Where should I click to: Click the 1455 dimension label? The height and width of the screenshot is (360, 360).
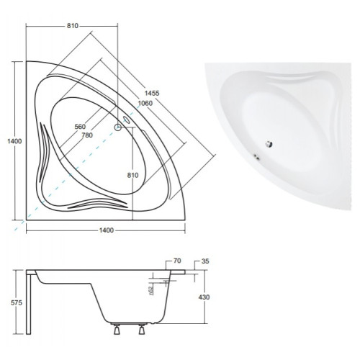pyautogui.click(x=152, y=93)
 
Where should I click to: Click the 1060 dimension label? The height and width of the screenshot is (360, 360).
pyautogui.click(x=145, y=103)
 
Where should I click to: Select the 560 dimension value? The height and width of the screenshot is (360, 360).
pyautogui.click(x=80, y=127)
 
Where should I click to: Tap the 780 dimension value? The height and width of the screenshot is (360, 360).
pyautogui.click(x=87, y=135)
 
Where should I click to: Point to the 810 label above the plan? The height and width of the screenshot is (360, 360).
pyautogui.click(x=73, y=26)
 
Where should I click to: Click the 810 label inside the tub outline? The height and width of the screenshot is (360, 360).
pyautogui.click(x=132, y=176)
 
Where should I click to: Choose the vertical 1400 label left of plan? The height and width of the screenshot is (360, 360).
pyautogui.click(x=14, y=141)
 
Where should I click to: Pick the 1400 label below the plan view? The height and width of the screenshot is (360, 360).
pyautogui.click(x=106, y=230)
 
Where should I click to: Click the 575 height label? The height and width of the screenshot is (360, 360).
pyautogui.click(x=17, y=303)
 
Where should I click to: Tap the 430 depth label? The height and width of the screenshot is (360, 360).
pyautogui.click(x=204, y=297)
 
